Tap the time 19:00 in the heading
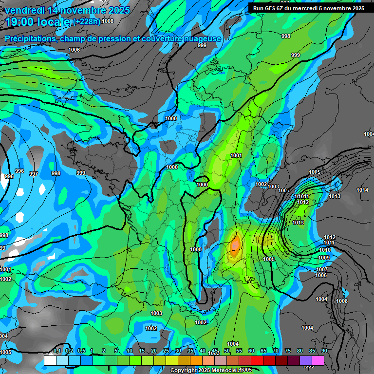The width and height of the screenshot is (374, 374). [19, 22]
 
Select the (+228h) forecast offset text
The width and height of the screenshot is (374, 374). [87, 21]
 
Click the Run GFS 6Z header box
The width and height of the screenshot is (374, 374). [309, 8]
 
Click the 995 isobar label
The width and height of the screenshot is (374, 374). [8, 176]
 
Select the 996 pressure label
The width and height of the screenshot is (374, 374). [19, 171]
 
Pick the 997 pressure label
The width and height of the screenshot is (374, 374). [34, 174]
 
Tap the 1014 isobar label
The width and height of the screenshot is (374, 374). [362, 190]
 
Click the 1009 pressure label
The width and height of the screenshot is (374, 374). [324, 258]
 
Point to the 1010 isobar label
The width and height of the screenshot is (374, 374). [325, 250]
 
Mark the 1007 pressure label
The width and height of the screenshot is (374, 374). [321, 269]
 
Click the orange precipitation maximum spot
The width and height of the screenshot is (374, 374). [235, 245]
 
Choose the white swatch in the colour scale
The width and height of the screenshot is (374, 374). [50, 360]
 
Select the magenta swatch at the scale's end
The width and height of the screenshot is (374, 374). [318, 360]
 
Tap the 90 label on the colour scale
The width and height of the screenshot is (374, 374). [324, 351]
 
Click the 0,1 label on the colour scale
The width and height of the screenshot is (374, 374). [57, 351]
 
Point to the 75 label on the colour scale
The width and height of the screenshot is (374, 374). [288, 351]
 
